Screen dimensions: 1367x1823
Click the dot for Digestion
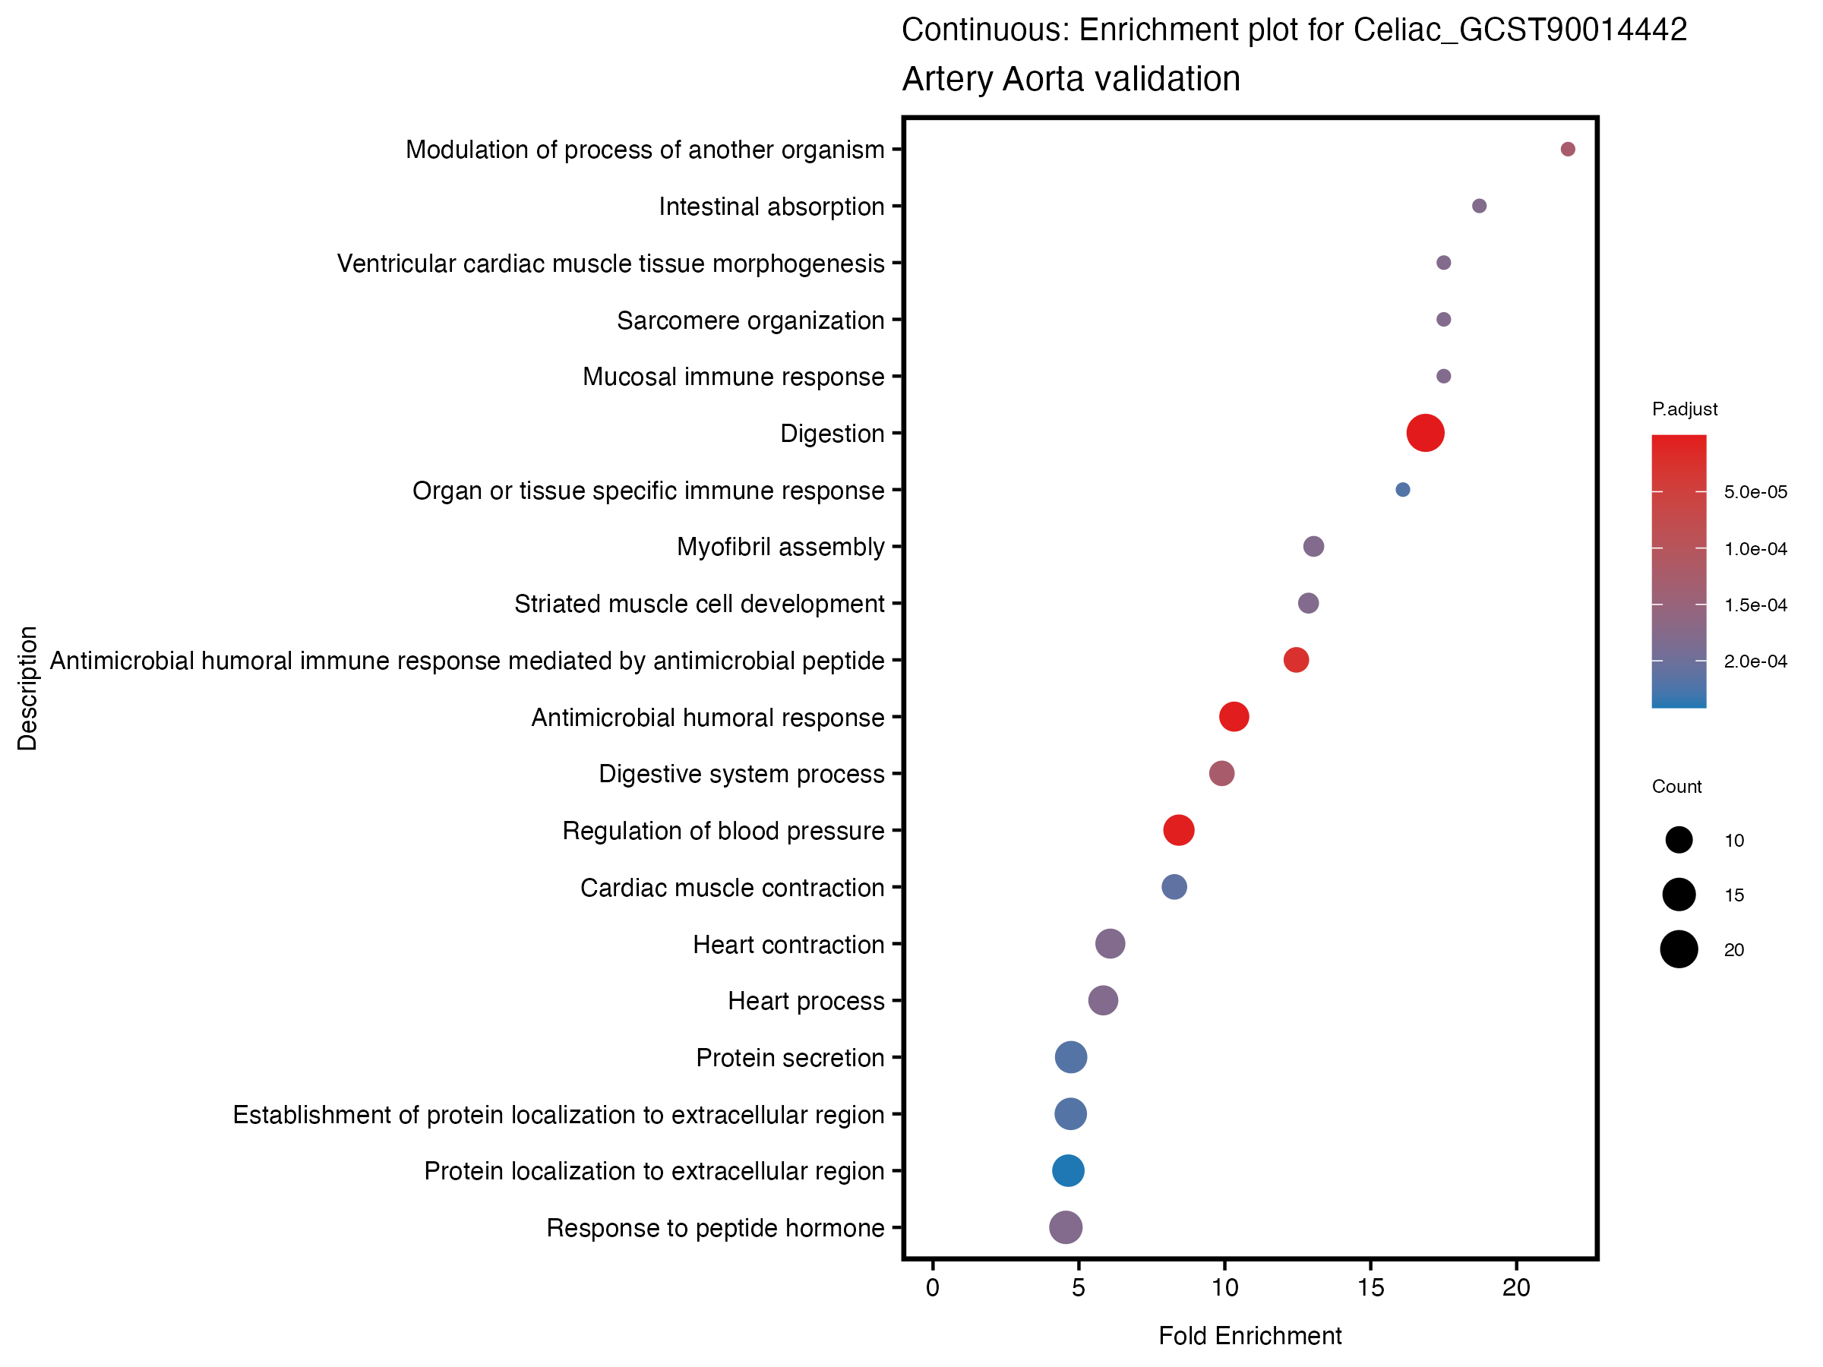[x=1425, y=434]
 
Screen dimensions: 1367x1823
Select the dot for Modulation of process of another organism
[x=1568, y=149]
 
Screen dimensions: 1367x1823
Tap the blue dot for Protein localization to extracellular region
[x=1068, y=1170]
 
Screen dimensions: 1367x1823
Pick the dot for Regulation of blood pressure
[x=1179, y=830]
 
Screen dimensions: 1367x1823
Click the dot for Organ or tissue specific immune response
[x=1403, y=489]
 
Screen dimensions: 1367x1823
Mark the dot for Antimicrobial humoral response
[x=1234, y=717]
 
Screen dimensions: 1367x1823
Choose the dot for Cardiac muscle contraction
[x=1174, y=886]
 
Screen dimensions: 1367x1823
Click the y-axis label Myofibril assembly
[x=780, y=547]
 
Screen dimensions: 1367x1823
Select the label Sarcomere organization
[x=750, y=320]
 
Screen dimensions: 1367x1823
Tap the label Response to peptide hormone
[x=716, y=1228]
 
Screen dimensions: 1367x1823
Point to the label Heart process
[x=806, y=1001]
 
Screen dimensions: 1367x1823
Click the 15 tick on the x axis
[x=1370, y=1289]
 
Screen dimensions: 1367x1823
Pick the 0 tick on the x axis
[x=932, y=1289]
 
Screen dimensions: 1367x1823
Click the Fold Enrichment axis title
[x=1250, y=1337]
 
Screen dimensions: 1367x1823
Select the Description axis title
[x=27, y=688]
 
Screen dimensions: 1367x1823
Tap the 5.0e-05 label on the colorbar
[x=1755, y=492]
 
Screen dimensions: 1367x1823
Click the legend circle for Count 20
[x=1679, y=949]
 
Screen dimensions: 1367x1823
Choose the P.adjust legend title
[x=1685, y=409]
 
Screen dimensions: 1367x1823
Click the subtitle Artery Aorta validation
[x=1070, y=79]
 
